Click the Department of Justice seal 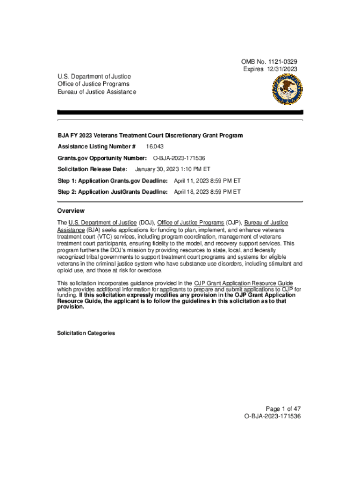pyautogui.click(x=287, y=89)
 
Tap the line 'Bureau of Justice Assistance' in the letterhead pyautogui.click(x=97, y=92)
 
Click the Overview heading pyautogui.click(x=71, y=211)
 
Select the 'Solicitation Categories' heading pyautogui.click(x=86, y=333)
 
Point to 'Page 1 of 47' pyautogui.click(x=281, y=408)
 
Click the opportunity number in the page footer pyautogui.click(x=272, y=416)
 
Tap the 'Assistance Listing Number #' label pyautogui.click(x=96, y=147)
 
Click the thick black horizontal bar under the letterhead pyautogui.click(x=180, y=112)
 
